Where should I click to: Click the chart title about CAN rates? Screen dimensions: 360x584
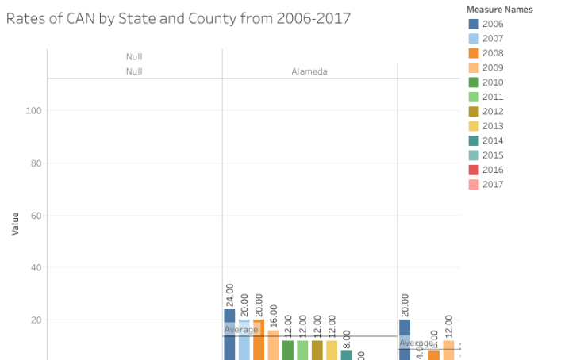(179, 18)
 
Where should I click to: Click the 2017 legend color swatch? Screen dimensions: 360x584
(474, 185)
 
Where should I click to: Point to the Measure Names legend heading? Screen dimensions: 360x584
(501, 10)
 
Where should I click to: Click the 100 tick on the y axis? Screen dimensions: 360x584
(33, 111)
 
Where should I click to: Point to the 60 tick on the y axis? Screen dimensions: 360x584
(36, 216)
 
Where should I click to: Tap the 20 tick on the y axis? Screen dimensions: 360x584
(36, 320)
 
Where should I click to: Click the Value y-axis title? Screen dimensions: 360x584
(15, 223)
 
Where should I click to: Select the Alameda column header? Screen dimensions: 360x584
(309, 71)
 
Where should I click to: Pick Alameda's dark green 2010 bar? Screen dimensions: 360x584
(288, 350)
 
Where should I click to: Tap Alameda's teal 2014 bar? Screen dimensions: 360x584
(346, 354)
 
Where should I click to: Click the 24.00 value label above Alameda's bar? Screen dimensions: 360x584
(229, 295)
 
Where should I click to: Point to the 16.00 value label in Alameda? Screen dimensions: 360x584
(274, 316)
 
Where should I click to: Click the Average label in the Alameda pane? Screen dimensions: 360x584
(240, 330)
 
